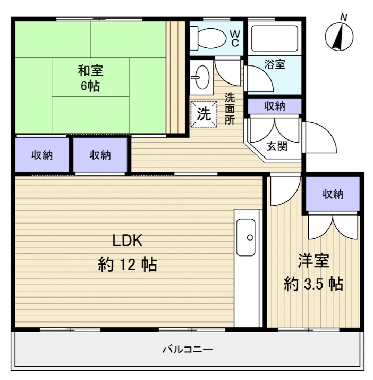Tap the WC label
pyautogui.click(x=234, y=38)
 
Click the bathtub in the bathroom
pyautogui.click(x=274, y=38)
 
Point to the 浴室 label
pyautogui.click(x=275, y=64)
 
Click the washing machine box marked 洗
pyautogui.click(x=204, y=113)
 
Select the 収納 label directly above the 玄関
pyautogui.click(x=275, y=106)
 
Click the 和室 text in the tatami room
pyautogui.click(x=90, y=70)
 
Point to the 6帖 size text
pyautogui.click(x=90, y=86)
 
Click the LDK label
pyautogui.click(x=127, y=241)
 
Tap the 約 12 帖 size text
pyautogui.click(x=128, y=264)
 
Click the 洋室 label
pyautogui.click(x=313, y=261)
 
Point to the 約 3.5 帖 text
pyautogui.click(x=313, y=284)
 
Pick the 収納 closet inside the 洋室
pyautogui.click(x=333, y=194)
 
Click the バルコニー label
pyautogui.click(x=187, y=350)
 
